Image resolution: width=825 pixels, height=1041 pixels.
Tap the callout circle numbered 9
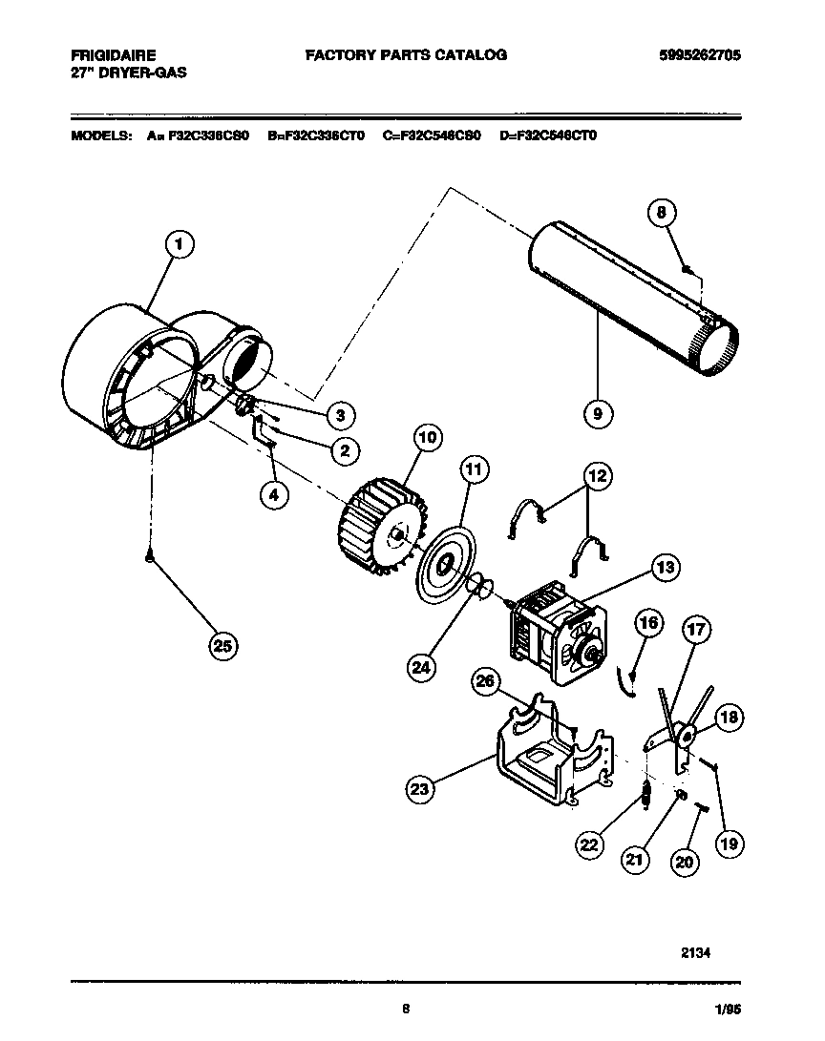[597, 413]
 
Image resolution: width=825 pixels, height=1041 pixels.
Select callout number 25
[222, 646]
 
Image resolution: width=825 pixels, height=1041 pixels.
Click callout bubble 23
[418, 789]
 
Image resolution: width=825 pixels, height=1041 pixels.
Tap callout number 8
[661, 214]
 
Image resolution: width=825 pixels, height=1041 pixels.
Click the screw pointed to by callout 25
[150, 560]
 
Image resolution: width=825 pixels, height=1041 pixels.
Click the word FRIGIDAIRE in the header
[113, 55]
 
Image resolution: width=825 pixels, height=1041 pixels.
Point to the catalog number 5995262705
[699, 55]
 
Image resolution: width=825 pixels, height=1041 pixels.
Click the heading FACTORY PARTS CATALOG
[405, 55]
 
